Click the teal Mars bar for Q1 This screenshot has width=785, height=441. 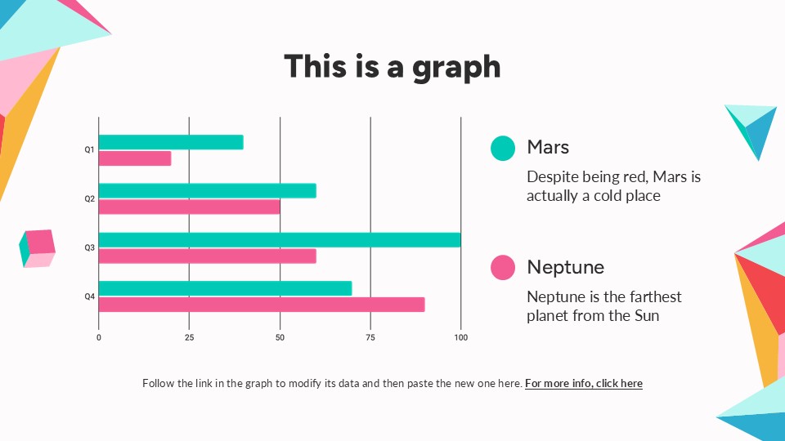point(171,142)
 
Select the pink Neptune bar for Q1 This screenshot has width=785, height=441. point(135,158)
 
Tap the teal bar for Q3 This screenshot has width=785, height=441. point(280,240)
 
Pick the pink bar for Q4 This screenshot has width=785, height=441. point(262,305)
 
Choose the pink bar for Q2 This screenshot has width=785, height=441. point(189,207)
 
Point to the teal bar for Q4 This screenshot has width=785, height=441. point(226,288)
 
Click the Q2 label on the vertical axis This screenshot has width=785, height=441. point(89,198)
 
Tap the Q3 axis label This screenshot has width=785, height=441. point(89,247)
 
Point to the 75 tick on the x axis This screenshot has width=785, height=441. point(370,337)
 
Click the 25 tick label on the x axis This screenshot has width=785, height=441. point(189,337)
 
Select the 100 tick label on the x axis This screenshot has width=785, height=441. point(460,337)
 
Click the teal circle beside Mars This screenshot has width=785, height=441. point(503,148)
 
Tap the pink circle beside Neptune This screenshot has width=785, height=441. point(503,268)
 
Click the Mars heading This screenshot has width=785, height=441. point(548,147)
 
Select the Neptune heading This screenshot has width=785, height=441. point(566,267)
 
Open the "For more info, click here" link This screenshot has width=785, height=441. point(584,384)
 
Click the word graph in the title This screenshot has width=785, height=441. point(456,68)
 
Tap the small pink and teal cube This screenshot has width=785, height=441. point(37,248)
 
